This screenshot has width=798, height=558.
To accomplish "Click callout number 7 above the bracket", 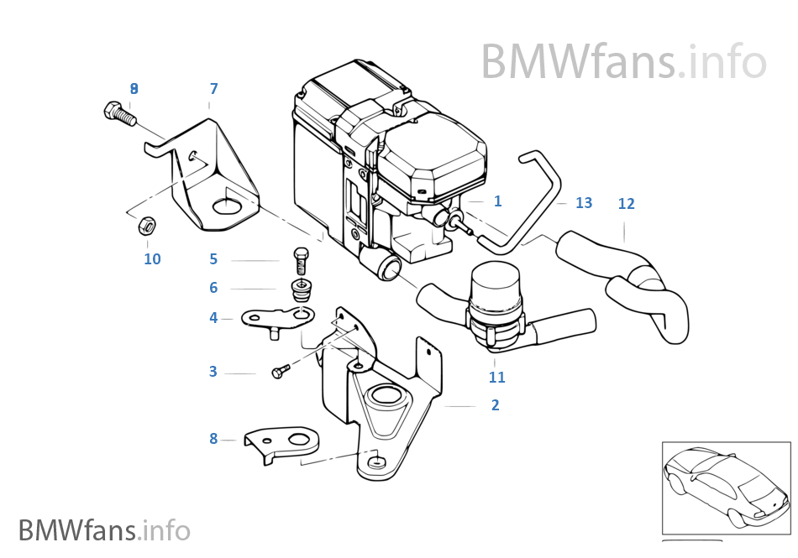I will pyautogui.click(x=213, y=89).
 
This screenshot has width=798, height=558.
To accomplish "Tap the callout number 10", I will pyautogui.click(x=152, y=259).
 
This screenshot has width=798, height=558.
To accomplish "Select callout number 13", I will pyautogui.click(x=584, y=203).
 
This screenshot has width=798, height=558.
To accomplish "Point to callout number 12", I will pyautogui.click(x=626, y=204).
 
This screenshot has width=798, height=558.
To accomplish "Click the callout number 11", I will pyautogui.click(x=496, y=378).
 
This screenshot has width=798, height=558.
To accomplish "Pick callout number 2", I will pyautogui.click(x=495, y=405).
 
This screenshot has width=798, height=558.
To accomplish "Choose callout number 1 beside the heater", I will pyautogui.click(x=497, y=201).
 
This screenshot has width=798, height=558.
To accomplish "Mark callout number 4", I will pyautogui.click(x=213, y=318).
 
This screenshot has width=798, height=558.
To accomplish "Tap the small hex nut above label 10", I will pyautogui.click(x=144, y=225).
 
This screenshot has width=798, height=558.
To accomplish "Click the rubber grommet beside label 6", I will pyautogui.click(x=301, y=290).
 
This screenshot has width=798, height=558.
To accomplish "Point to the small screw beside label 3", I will pyautogui.click(x=281, y=372).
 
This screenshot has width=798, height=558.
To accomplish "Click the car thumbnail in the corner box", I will pyautogui.click(x=726, y=488).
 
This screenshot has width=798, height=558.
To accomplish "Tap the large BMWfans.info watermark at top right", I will pyautogui.click(x=623, y=62).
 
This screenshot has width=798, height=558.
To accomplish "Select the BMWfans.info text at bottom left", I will pyautogui.click(x=104, y=530).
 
